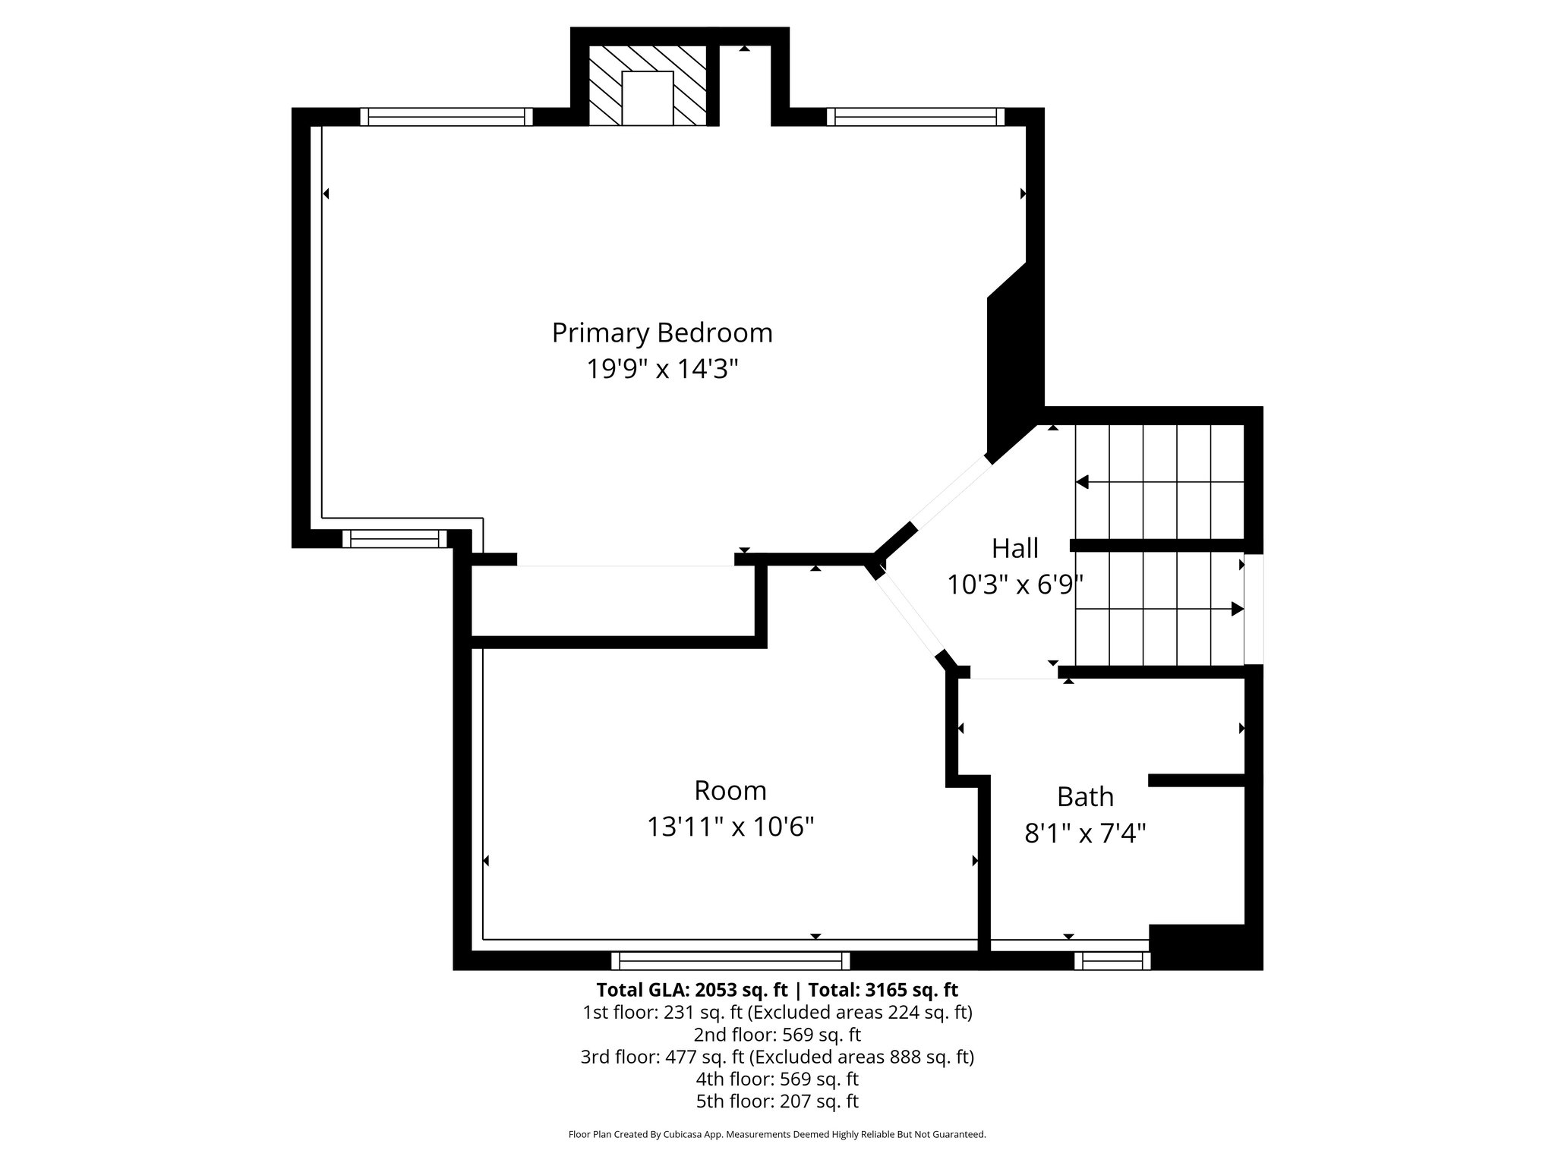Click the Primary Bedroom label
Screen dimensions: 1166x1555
click(x=662, y=332)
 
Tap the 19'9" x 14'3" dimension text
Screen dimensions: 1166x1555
click(x=662, y=370)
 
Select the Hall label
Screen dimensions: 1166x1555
click(x=1014, y=547)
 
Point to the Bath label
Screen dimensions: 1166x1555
click(x=1085, y=796)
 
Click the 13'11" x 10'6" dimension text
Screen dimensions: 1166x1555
click(x=730, y=827)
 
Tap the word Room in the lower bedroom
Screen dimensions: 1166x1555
click(x=730, y=790)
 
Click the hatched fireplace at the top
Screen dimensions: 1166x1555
click(x=648, y=85)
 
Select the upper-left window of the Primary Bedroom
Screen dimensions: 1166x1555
click(x=446, y=116)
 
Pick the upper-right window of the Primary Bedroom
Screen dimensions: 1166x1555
click(x=915, y=116)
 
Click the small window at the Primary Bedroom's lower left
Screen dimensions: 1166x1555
click(x=395, y=538)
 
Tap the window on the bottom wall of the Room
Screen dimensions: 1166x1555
click(x=730, y=960)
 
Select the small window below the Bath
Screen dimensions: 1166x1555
click(x=1112, y=960)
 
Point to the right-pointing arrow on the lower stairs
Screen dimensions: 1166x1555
click(x=1236, y=608)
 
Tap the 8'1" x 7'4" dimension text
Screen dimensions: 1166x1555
click(x=1085, y=834)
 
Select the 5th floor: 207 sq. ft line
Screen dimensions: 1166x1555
click(x=777, y=1101)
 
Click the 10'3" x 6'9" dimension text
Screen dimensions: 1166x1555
click(x=1014, y=585)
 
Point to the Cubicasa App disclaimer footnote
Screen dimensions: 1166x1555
click(x=777, y=1135)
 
